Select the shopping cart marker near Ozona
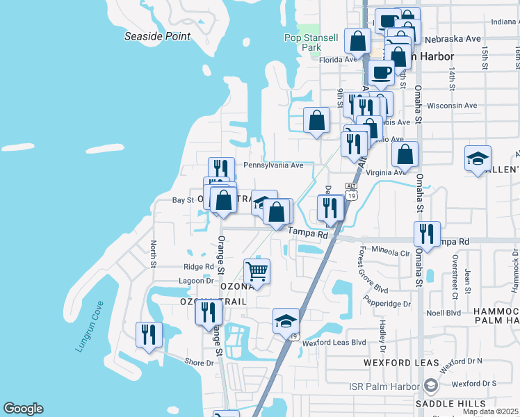(x=257, y=272)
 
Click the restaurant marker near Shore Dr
(x=149, y=335)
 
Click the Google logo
(x=23, y=409)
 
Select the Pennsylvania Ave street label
(x=273, y=165)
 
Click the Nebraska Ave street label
(x=453, y=39)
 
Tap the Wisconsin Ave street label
(x=452, y=106)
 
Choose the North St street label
(x=154, y=253)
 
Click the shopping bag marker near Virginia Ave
(x=405, y=155)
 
